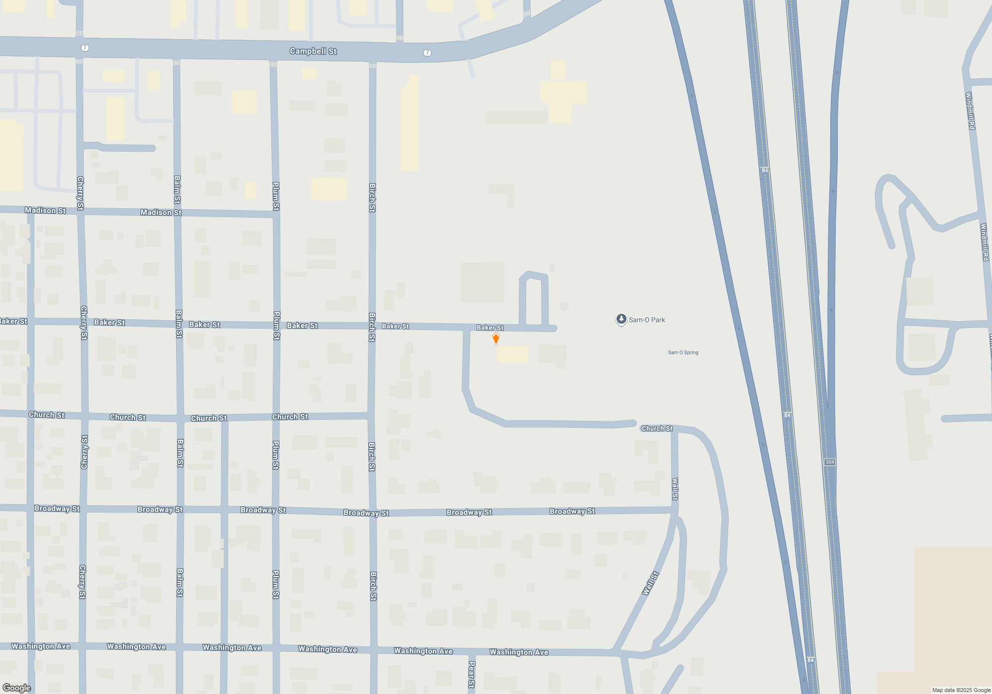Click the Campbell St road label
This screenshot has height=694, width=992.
pos(313,51)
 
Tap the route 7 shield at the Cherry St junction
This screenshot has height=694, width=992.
pos(85,48)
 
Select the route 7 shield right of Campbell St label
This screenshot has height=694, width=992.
pos(427,53)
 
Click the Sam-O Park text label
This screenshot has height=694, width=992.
pos(647,320)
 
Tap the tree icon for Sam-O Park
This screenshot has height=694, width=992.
pos(621,319)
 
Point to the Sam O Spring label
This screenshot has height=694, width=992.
pos(683,352)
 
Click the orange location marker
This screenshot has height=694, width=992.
pos(496,338)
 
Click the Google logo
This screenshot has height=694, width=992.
pos(16,688)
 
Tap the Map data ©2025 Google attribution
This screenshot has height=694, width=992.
pos(961,690)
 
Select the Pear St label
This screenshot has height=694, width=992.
pos(471,674)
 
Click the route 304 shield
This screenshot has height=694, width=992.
pos(830,462)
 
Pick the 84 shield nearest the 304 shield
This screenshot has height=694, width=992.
pos(787,415)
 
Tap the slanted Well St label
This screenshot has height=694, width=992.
pos(650,583)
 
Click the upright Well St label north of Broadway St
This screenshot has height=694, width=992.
pos(675,489)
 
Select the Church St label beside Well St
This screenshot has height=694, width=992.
pos(657,428)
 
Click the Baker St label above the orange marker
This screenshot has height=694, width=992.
pos(490,328)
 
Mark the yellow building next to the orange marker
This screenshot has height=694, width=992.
pos(512,354)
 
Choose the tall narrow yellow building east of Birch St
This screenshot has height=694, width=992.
pos(409,124)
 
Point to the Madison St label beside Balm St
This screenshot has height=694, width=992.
pos(161,212)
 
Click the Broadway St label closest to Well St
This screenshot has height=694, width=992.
pos(572,511)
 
